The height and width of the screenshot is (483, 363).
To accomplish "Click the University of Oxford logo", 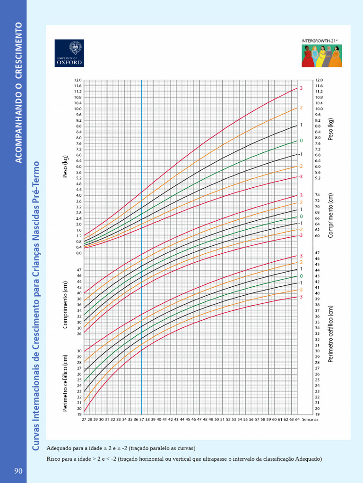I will coord(69,53).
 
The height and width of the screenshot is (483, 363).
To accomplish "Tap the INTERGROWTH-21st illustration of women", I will coord(321,56).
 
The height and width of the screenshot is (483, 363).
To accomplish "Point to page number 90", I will coord(18,471).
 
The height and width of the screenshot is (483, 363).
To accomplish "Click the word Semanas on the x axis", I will coord(310,419).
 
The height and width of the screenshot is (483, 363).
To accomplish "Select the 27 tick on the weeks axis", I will coord(84,419).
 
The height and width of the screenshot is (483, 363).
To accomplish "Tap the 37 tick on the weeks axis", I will coord(141,419).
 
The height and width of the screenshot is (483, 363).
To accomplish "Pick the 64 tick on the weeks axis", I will coord(297,419).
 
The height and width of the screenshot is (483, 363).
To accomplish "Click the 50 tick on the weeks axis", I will coord(216,419).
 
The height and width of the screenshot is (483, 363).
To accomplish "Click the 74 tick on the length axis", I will coord(318,195).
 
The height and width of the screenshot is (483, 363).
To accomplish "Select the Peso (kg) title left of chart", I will coord(66,167).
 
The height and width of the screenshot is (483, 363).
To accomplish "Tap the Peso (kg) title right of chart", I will coord(331,129).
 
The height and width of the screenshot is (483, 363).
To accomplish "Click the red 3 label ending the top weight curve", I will coord(301,88).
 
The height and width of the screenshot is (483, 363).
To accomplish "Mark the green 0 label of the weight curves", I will coord(301,141).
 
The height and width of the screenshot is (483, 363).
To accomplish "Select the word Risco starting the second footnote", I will coord(54,458).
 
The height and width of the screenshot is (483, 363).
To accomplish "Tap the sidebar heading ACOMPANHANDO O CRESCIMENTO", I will coord(19,92).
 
